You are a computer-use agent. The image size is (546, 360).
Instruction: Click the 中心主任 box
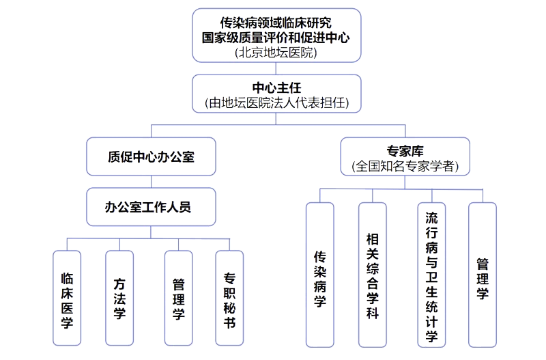(276, 95)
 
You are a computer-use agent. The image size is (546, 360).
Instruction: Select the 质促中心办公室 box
(151, 156)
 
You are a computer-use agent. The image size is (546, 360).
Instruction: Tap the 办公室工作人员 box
(151, 206)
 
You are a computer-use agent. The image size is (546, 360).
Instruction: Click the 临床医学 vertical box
(67, 298)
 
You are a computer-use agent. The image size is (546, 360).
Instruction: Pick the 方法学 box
(119, 298)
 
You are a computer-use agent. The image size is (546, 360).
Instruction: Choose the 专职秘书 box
(229, 298)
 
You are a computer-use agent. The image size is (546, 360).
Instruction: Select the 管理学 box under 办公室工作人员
(178, 298)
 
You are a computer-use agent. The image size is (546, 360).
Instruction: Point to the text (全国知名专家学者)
(405, 166)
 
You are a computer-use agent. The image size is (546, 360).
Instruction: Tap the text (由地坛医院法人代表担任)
(276, 103)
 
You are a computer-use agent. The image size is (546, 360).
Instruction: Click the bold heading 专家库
(405, 150)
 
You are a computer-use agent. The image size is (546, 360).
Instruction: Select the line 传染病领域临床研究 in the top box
(276, 23)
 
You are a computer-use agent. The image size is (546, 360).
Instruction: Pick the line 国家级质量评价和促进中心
(276, 38)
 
